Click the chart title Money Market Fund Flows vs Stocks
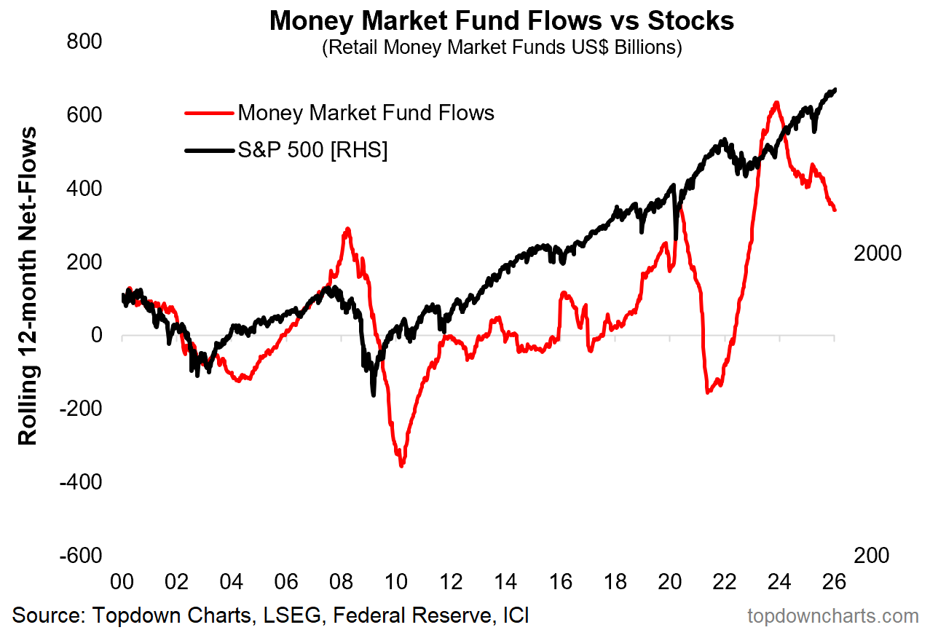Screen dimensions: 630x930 click(502, 20)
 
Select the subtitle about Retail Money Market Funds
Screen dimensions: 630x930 click(502, 49)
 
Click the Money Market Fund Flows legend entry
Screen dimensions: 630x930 click(366, 113)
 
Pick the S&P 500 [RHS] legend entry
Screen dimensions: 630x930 click(312, 150)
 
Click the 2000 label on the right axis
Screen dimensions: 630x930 click(878, 253)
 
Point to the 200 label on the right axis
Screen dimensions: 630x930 click(872, 555)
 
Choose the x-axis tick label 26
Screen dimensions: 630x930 click(834, 582)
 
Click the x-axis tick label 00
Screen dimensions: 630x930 click(122, 582)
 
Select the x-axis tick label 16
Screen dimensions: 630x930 click(560, 582)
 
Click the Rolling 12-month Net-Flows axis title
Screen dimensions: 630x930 click(28, 285)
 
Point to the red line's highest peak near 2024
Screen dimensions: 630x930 click(777, 103)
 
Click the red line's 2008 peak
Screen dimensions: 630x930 click(348, 229)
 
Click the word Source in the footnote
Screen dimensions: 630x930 click(44, 615)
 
